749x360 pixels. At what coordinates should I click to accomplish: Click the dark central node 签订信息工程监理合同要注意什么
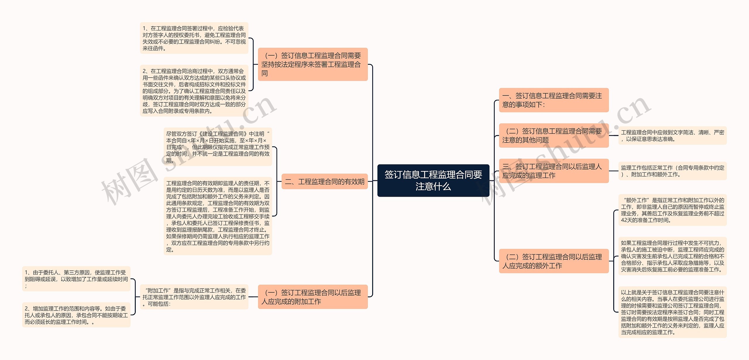(x=433, y=180)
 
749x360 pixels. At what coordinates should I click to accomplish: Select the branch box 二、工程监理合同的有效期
(x=324, y=181)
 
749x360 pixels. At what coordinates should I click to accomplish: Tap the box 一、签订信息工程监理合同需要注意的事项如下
(x=554, y=100)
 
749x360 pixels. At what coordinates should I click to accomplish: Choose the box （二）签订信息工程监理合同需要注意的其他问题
(x=554, y=136)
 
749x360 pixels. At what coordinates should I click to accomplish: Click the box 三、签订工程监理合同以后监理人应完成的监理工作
(x=554, y=171)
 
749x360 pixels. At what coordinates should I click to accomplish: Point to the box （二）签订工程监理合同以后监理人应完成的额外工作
(x=554, y=261)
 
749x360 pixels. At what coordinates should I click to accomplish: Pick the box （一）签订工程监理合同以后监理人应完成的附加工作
(x=312, y=297)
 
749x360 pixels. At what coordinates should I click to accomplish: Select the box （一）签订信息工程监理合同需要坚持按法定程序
(x=312, y=64)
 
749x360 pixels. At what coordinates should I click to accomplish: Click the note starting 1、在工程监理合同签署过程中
(x=194, y=38)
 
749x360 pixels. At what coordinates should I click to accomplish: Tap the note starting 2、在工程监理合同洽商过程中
(x=194, y=91)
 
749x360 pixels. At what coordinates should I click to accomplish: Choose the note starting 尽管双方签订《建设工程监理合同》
(x=218, y=147)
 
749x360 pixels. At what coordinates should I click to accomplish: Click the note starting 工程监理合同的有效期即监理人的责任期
(x=218, y=216)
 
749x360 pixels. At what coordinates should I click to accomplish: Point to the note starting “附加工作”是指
(x=194, y=297)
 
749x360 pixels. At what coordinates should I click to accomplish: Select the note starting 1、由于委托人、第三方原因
(x=76, y=279)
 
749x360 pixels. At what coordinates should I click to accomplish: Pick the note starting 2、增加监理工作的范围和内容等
(x=76, y=315)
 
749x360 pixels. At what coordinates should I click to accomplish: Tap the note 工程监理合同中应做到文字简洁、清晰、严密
(x=672, y=136)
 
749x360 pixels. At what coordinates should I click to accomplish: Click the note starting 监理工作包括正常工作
(x=672, y=171)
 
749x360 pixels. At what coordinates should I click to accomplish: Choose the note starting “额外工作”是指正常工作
(x=672, y=210)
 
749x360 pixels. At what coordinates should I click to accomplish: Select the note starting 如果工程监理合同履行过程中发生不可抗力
(x=672, y=256)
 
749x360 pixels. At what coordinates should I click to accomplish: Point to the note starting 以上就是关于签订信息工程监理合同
(x=672, y=312)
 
